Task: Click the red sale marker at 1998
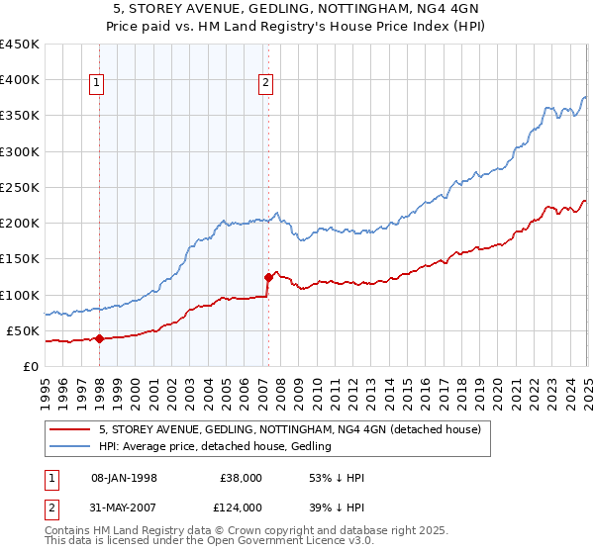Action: tap(99, 338)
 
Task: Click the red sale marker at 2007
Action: tap(268, 277)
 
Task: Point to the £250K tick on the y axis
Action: tap(20, 187)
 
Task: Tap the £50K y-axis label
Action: tap(24, 330)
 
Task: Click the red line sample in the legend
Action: tap(69, 429)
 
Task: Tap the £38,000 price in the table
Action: tap(242, 478)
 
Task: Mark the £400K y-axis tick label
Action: tap(20, 79)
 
